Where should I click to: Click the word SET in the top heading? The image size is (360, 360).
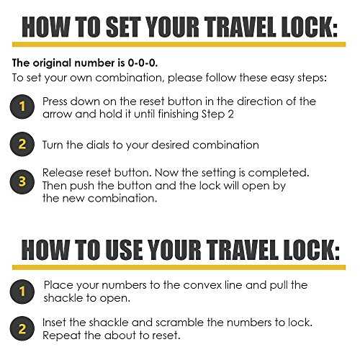coord(122,27)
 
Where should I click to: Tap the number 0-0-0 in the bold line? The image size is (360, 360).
coord(143,63)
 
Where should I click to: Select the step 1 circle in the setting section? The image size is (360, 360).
coord(22,107)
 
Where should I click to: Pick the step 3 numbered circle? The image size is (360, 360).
coord(22,181)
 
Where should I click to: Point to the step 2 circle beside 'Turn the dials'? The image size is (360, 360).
coord(22,144)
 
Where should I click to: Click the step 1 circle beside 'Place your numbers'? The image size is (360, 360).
coord(22,292)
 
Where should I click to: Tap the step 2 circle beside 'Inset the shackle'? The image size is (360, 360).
coord(22,328)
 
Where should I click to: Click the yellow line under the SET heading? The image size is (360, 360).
coord(179,45)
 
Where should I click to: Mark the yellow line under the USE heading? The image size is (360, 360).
coord(179,267)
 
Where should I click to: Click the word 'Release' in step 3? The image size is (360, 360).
coord(63,173)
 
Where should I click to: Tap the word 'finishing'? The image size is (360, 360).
coord(179,114)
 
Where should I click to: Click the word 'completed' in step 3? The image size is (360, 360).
coord(279,174)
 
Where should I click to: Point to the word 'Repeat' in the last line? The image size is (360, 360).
coord(61,336)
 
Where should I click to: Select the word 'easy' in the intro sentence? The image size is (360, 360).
coord(283,78)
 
